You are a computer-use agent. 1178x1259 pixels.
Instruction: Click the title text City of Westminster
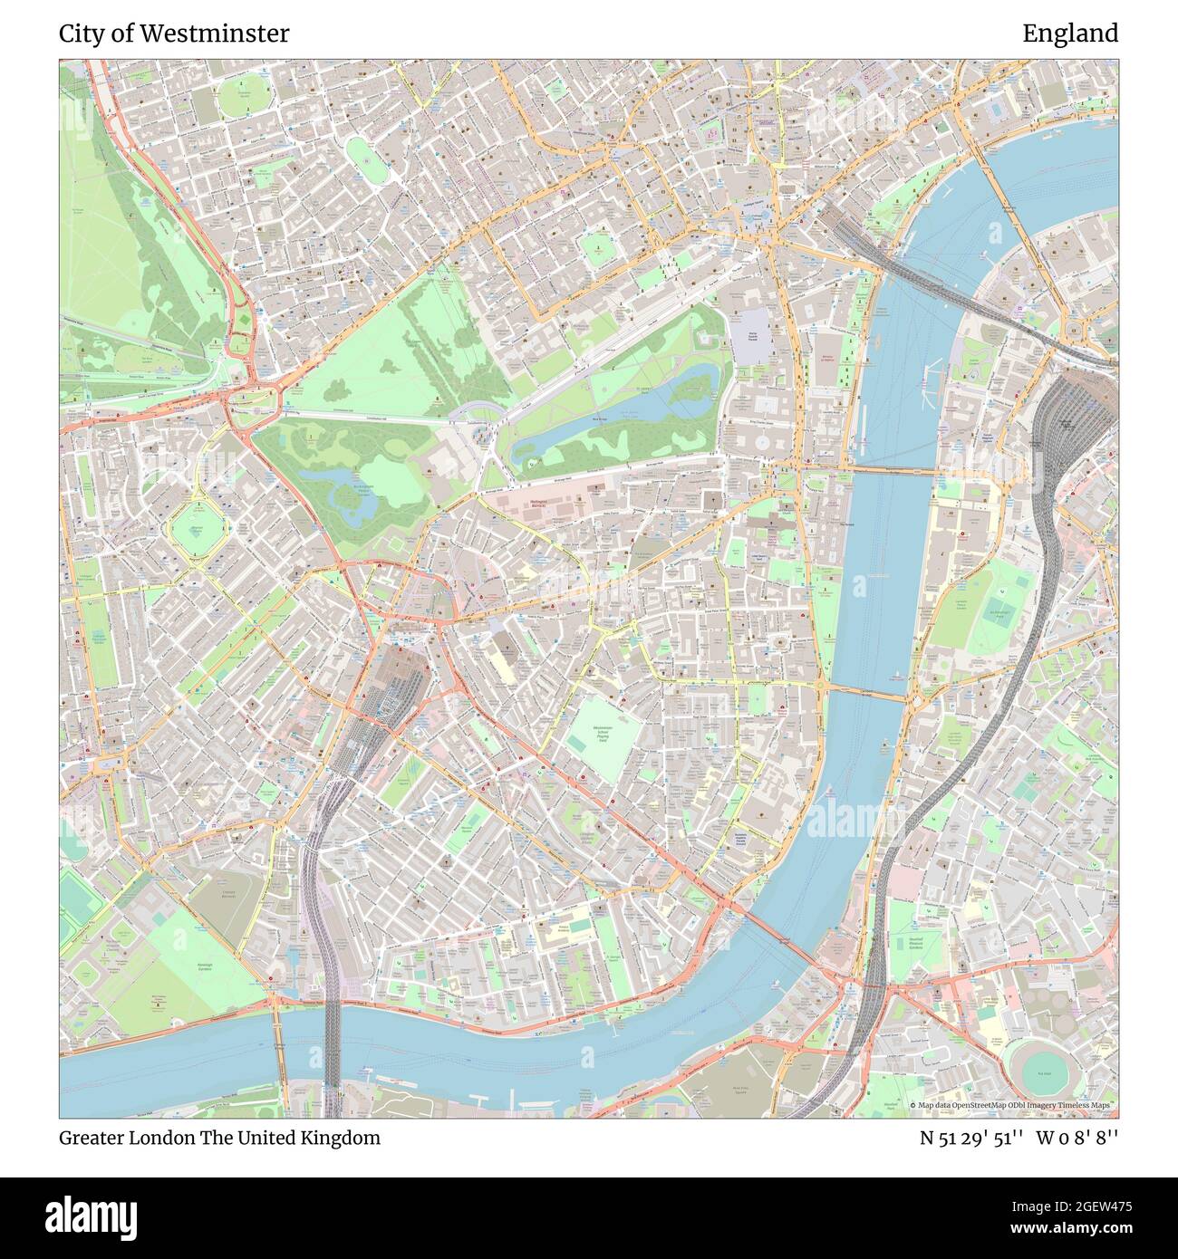[174, 34]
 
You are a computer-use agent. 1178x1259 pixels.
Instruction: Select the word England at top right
[1070, 34]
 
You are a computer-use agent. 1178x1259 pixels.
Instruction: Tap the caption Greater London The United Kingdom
[219, 1138]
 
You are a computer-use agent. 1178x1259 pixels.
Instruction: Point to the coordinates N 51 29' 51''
[972, 1138]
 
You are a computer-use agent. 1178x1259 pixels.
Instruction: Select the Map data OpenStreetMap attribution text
[1013, 1106]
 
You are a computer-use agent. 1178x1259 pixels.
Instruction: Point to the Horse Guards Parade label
[751, 336]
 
